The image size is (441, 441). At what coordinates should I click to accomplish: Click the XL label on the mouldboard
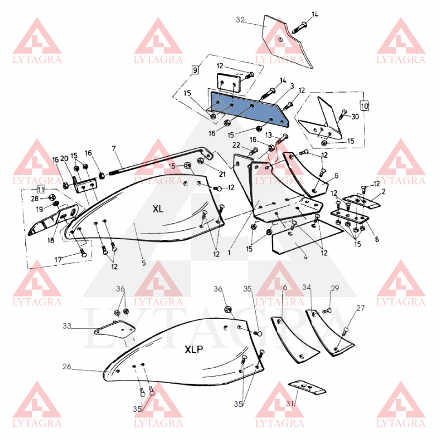pos(158,209)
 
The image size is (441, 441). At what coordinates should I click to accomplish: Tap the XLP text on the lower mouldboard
pos(194,349)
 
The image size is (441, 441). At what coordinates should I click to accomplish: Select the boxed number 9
pos(195,69)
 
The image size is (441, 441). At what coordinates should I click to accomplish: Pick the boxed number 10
pos(364,106)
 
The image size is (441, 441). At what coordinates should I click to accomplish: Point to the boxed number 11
pos(41,189)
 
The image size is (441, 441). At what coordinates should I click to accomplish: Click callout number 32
pos(240,20)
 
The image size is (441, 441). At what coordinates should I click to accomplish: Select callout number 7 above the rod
pos(114,148)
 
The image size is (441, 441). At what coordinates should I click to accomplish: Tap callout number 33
pos(67,326)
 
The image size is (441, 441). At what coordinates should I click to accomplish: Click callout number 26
pos(67,367)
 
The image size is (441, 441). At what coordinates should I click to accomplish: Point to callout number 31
pos(290,404)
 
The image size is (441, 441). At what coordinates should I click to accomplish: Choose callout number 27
pos(361,308)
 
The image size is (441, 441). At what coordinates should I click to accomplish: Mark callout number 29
pos(335,288)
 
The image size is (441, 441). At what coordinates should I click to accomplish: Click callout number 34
pos(306,287)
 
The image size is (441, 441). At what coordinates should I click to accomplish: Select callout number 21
pos(222,174)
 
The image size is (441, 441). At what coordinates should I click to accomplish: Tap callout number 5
pos(144,263)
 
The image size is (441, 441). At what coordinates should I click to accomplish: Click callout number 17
pos(58,260)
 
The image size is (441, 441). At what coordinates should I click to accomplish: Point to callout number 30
pos(355,116)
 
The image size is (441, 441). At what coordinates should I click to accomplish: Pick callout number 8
pos(377,239)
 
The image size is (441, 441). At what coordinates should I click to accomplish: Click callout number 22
pos(236,145)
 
